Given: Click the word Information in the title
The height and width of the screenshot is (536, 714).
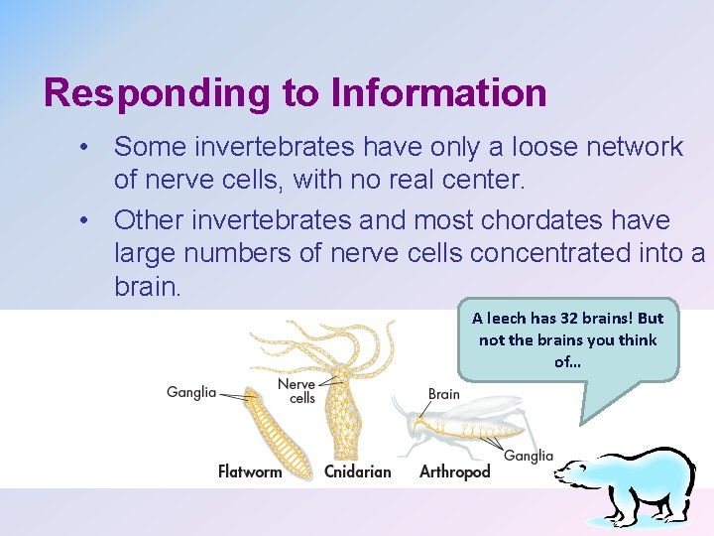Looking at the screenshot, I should coord(439,93).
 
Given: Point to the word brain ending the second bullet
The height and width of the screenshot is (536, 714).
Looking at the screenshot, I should coord(146,287).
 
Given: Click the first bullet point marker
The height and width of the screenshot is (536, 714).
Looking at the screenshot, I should coord(88,148).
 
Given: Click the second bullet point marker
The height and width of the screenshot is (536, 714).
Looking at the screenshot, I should coord(88,220).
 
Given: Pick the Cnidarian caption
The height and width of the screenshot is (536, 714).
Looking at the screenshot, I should coord(357,471).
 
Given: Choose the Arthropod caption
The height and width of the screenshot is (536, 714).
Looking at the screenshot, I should coord(454,471).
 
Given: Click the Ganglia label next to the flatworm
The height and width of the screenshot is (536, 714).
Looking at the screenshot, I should coord(190,392).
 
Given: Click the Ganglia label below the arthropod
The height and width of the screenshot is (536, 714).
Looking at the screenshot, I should coord(529,456).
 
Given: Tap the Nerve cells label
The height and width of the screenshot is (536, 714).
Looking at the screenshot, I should coord(297,391).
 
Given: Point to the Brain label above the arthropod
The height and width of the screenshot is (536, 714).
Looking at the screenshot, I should coord(443,394).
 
